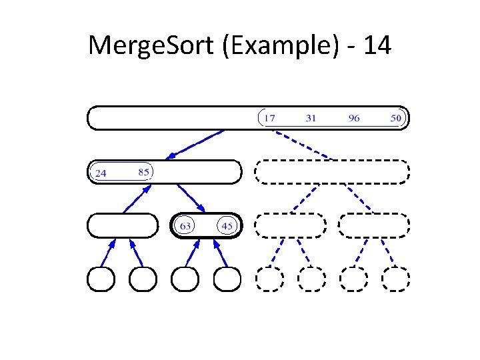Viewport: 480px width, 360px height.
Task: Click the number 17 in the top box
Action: [269, 118]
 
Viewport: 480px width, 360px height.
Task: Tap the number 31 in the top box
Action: [311, 118]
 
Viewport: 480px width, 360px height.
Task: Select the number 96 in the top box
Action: [354, 118]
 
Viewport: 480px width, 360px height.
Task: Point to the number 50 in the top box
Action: [397, 118]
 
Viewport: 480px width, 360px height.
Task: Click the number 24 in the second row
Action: [101, 173]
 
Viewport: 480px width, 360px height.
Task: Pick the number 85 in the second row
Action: [143, 171]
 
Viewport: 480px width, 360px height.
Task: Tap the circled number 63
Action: [185, 226]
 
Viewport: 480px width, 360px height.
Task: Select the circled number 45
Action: [227, 226]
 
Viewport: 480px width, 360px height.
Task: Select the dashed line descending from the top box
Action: [303, 145]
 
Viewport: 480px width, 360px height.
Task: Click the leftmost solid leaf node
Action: [101, 279]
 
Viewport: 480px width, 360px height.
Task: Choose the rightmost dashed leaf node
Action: [396, 279]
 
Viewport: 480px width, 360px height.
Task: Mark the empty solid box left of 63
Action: [123, 226]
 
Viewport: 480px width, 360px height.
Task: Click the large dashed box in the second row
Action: [332, 172]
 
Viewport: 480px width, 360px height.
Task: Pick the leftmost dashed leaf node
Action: [269, 279]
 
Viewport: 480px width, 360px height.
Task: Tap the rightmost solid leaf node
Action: [227, 279]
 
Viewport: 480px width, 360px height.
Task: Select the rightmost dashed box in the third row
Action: [374, 226]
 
